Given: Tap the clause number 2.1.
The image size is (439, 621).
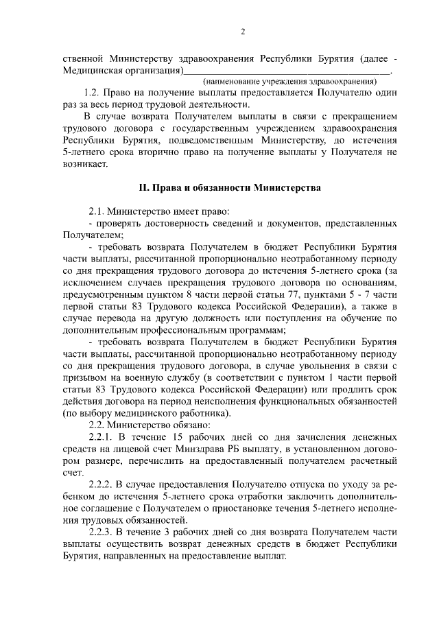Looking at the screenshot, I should point(96,211).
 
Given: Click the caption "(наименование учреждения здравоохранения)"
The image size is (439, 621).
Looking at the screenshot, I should point(288,82).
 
